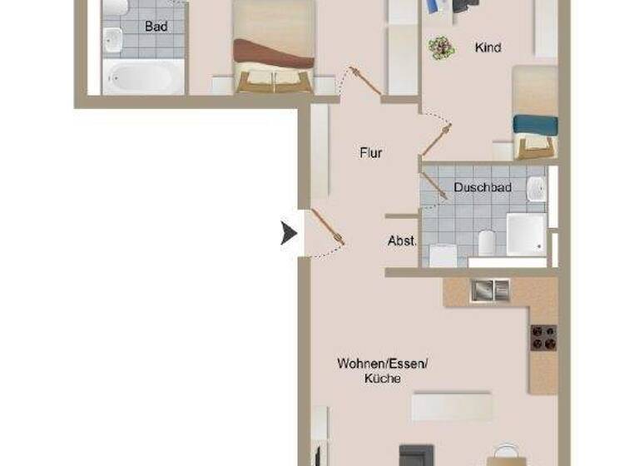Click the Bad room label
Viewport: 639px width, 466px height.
(156, 27)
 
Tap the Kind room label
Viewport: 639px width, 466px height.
(488, 47)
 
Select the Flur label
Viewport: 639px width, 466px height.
(371, 153)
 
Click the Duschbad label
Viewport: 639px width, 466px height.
(483, 188)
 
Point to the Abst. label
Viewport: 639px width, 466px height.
(402, 241)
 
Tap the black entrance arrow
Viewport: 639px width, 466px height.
(289, 234)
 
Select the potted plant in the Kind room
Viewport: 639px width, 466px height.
(441, 47)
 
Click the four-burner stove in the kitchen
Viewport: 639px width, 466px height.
(543, 336)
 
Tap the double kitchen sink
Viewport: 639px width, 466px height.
(490, 290)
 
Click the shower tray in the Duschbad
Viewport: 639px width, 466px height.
(526, 234)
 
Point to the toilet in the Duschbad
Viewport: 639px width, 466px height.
(488, 243)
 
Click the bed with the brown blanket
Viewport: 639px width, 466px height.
(274, 46)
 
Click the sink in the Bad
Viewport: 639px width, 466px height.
(113, 37)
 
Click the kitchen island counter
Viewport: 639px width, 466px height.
(452, 406)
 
